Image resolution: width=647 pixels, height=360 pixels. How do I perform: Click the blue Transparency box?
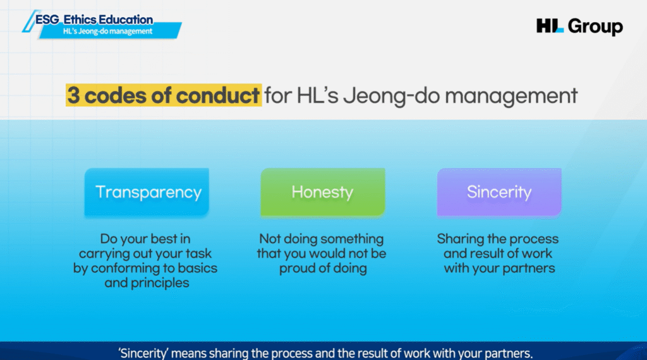[147, 192]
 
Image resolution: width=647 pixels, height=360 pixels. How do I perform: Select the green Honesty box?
[323, 192]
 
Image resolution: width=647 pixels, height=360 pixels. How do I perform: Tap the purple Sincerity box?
[499, 192]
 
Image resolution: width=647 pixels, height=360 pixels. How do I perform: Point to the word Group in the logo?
[595, 27]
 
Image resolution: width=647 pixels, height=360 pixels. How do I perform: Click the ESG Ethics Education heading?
[94, 20]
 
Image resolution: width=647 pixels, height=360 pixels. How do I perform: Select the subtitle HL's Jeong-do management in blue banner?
[107, 32]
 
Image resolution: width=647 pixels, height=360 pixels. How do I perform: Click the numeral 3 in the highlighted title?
[73, 95]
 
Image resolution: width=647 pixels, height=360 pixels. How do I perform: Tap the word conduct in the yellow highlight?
[218, 95]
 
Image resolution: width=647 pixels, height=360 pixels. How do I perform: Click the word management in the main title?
[511, 96]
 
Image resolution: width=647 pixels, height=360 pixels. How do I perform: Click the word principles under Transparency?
[160, 284]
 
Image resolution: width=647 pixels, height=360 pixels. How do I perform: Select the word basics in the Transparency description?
[197, 268]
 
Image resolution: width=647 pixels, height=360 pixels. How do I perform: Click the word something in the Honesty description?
[353, 239]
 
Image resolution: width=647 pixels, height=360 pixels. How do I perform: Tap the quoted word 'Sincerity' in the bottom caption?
[143, 354]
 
